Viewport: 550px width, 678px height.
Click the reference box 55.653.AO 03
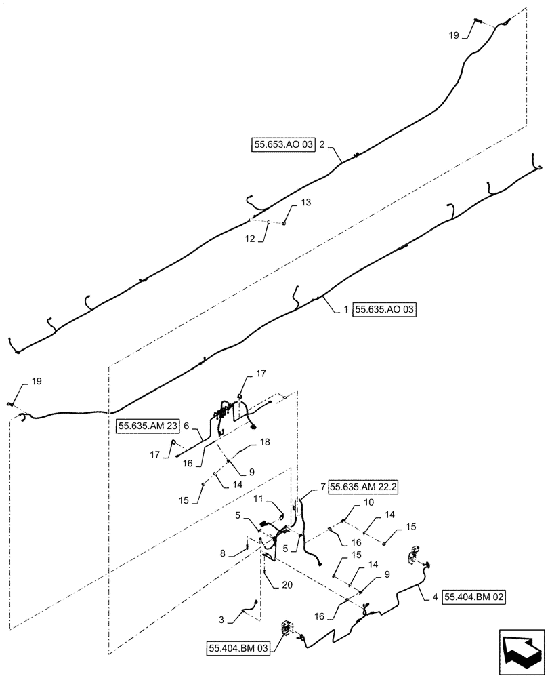point(284,145)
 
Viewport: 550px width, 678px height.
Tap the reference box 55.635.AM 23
point(148,426)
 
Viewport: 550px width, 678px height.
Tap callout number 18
point(265,442)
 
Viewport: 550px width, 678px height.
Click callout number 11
point(258,499)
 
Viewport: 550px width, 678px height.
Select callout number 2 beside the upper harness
point(323,145)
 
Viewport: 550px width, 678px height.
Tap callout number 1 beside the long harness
point(345,310)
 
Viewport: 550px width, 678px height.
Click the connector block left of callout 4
point(411,557)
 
